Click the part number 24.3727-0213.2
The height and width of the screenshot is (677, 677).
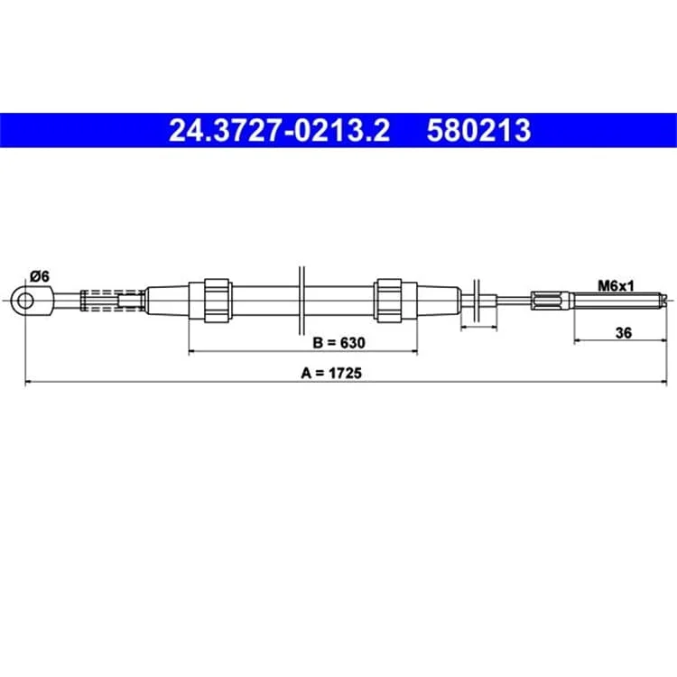point(279,130)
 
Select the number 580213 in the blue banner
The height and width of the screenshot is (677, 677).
point(478,130)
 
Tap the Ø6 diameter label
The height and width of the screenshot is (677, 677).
point(40,276)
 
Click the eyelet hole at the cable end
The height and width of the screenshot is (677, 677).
point(25,300)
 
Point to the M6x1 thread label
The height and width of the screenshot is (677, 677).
point(616,285)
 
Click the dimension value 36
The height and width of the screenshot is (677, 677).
point(624,333)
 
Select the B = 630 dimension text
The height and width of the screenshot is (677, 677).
point(338,343)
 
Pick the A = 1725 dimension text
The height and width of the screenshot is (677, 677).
point(331,373)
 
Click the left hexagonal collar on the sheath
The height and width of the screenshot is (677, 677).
point(217,301)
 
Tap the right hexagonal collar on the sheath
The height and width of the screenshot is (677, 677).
point(389,301)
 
